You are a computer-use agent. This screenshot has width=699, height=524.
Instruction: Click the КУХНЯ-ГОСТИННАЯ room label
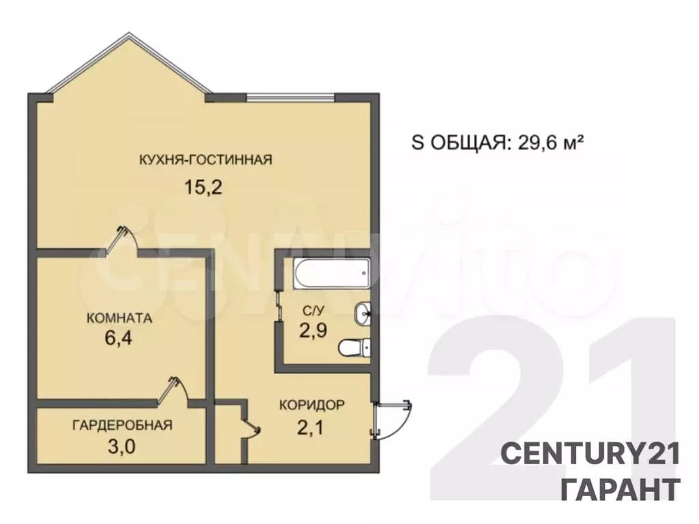(205, 160)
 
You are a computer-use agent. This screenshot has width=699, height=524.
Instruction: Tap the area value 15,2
(203, 188)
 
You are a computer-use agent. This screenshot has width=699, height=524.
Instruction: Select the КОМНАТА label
(119, 318)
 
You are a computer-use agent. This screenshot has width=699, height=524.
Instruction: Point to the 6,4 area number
(118, 338)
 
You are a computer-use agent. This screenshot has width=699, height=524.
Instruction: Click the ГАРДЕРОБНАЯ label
(122, 425)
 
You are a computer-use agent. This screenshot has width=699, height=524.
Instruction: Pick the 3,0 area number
(122, 446)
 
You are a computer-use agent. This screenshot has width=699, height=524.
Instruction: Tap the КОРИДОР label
(311, 405)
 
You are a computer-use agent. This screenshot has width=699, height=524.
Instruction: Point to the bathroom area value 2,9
(313, 331)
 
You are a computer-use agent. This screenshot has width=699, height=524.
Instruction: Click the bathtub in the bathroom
(331, 274)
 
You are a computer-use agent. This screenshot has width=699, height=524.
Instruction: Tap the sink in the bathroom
(362, 314)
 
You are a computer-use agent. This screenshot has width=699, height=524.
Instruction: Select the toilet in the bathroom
(355, 347)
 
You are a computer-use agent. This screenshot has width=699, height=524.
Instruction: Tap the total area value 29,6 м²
(551, 143)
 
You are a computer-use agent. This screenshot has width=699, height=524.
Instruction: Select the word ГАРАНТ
(620, 489)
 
